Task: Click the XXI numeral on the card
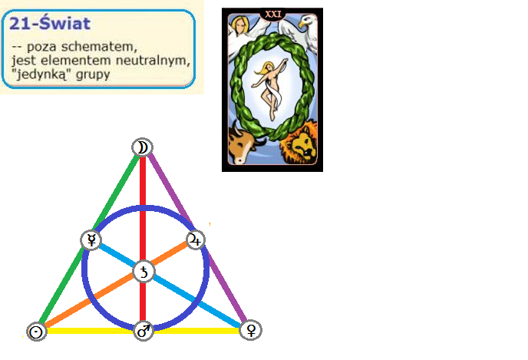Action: click(x=272, y=13)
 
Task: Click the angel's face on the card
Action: click(x=240, y=24)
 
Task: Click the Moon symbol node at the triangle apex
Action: click(x=142, y=147)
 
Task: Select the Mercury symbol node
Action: click(x=91, y=240)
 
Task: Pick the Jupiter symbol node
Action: click(x=196, y=239)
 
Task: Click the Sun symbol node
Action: click(x=35, y=332)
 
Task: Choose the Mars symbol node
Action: click(x=144, y=331)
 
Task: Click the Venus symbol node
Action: click(x=249, y=330)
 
